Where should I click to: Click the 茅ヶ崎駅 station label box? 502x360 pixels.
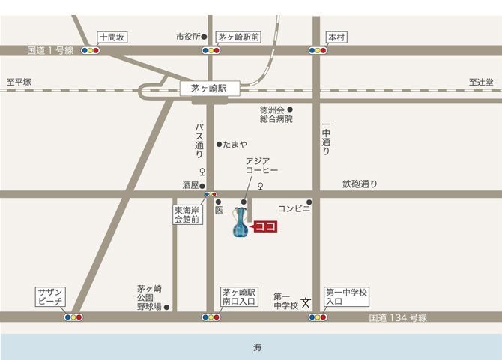coord(209,88)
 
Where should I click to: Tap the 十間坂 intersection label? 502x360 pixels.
coord(114,37)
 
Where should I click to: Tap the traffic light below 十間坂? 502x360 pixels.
coord(91,51)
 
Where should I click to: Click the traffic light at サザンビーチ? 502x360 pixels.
coord(73,316)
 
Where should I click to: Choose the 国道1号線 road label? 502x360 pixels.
coord(50,51)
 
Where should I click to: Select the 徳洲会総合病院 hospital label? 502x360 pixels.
coord(276,114)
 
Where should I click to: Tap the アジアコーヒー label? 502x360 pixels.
coord(262,166)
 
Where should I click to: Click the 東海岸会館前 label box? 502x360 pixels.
coord(188,215)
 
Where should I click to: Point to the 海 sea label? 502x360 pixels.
coord(257,347)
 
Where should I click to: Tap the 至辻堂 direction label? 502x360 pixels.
coord(481,82)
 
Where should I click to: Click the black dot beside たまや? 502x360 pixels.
coord(219,144)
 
